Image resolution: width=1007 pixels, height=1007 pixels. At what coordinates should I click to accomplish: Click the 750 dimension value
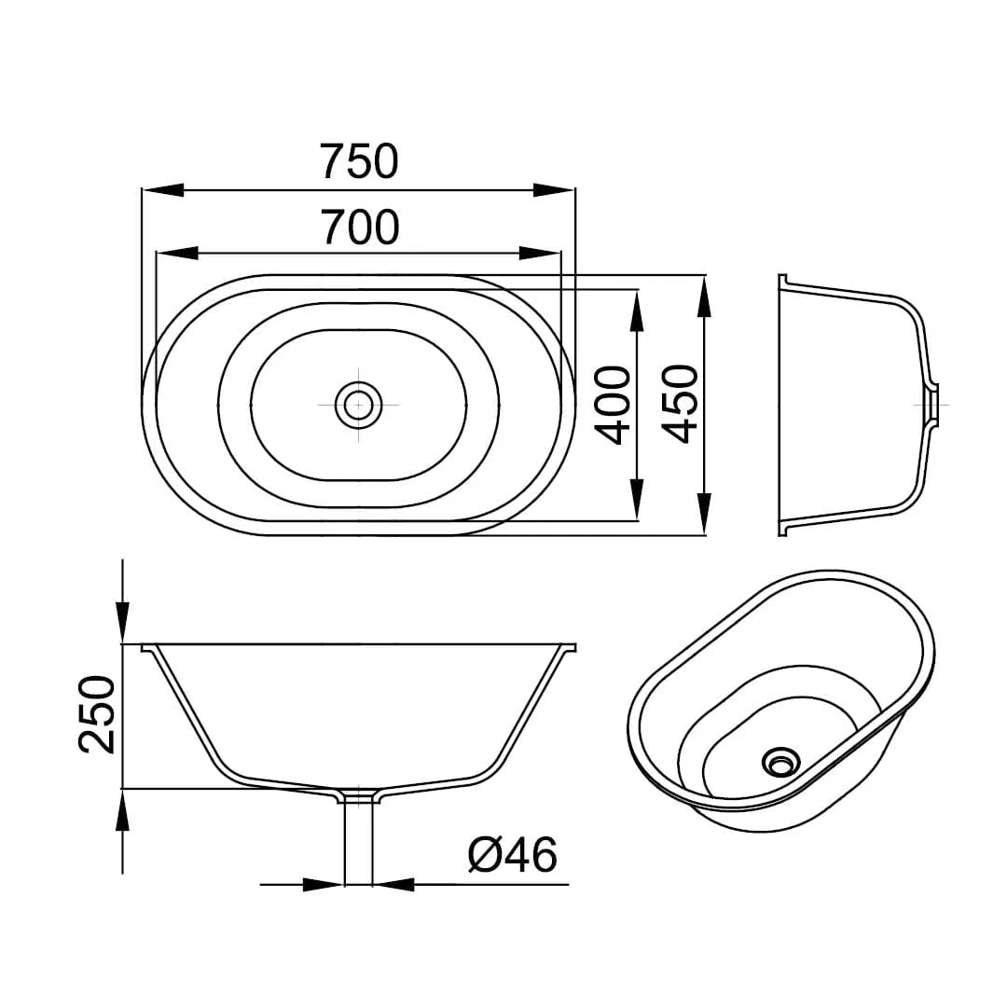[x=360, y=161]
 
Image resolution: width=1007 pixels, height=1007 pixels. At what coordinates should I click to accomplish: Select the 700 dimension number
[x=360, y=227]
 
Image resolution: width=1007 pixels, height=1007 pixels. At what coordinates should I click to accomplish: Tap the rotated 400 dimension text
[x=612, y=406]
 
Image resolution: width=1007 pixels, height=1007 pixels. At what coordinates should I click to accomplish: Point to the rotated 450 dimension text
[x=680, y=404]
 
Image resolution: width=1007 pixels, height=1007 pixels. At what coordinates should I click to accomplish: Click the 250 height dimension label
[x=97, y=714]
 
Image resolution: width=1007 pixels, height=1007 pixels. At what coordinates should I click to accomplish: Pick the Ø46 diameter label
[x=513, y=855]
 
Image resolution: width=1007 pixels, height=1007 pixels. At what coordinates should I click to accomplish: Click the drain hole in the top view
[x=358, y=405]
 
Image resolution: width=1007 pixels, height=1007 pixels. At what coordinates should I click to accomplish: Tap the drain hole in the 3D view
[x=781, y=763]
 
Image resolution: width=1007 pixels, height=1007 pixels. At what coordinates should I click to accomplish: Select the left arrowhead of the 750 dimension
[x=162, y=190]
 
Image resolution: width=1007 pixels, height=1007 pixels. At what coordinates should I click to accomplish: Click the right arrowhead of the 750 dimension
[x=554, y=190]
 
